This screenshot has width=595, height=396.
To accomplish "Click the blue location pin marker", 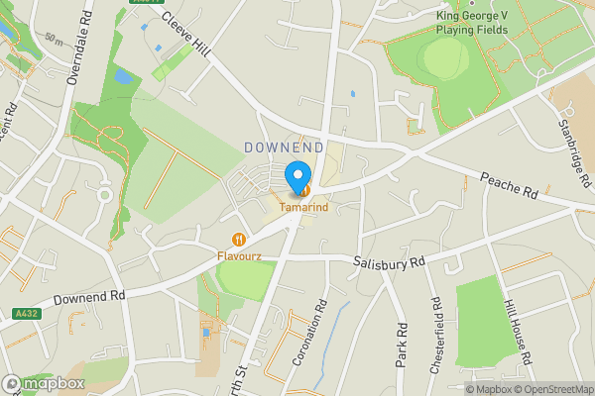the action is (297, 177).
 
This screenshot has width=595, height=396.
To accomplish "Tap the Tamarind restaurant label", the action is (304, 208).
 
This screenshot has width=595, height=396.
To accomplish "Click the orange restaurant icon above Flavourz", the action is (239, 239).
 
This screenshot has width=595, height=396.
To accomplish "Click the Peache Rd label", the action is (508, 186).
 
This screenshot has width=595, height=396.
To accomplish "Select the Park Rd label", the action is (402, 345).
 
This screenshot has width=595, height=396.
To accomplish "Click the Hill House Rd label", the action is (519, 332).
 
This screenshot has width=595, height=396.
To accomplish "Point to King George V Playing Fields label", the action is (473, 22).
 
